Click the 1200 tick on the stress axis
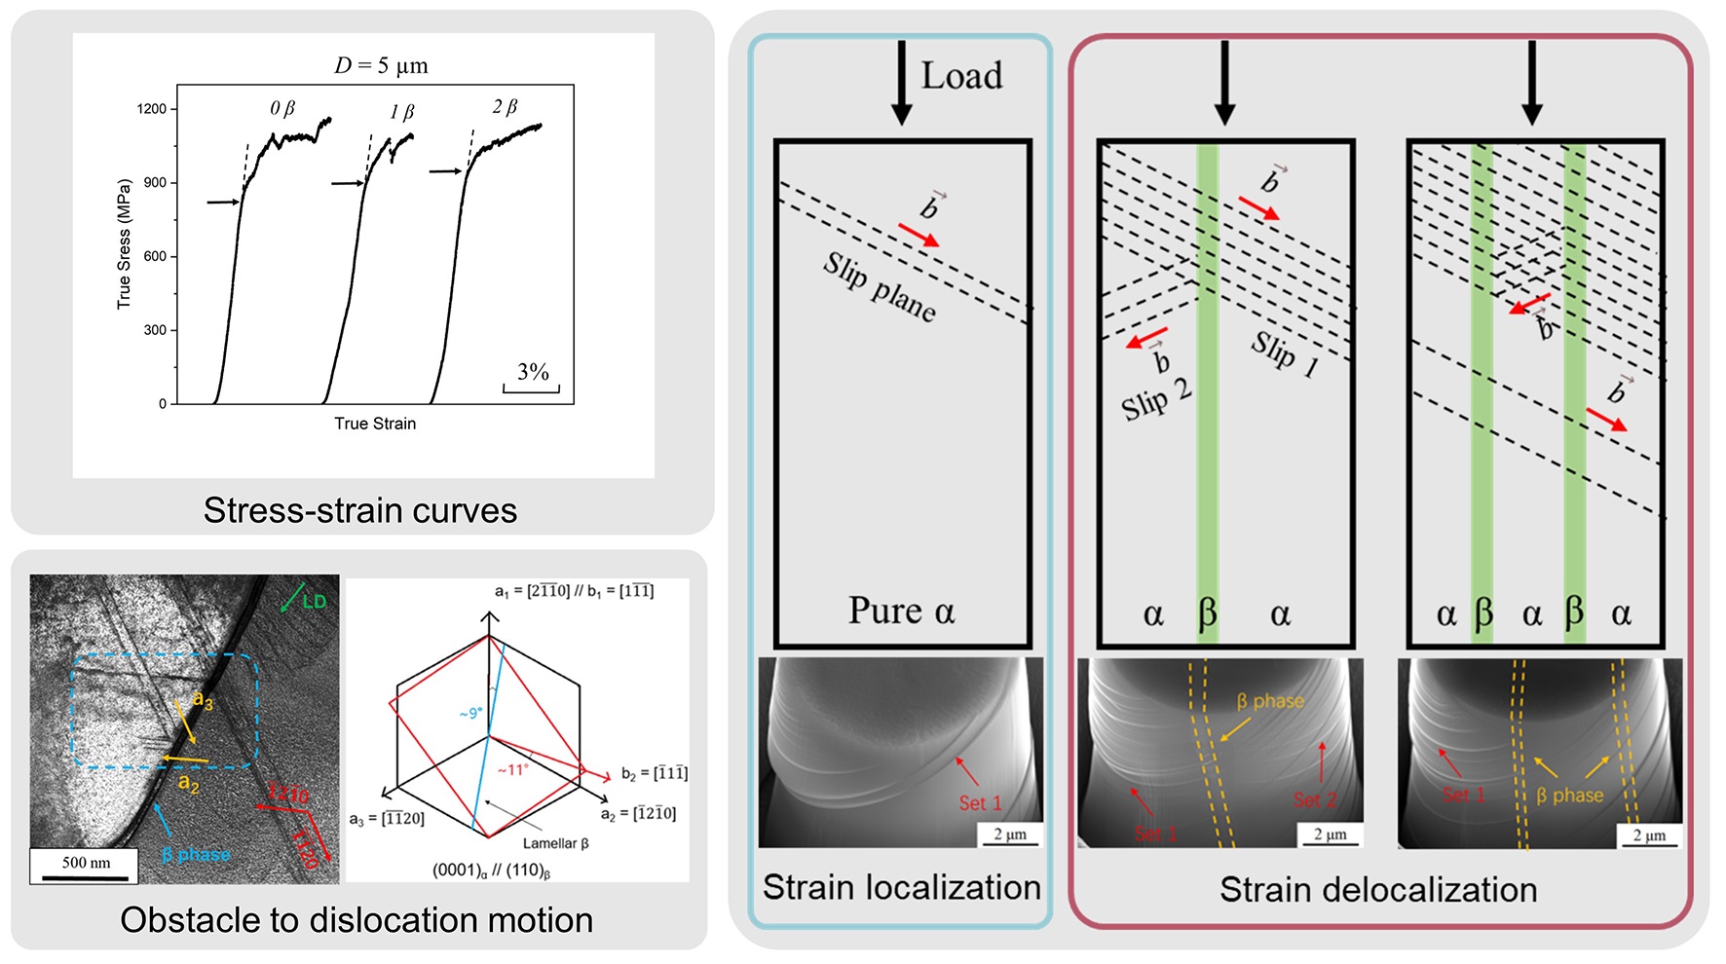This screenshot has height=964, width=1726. click(152, 109)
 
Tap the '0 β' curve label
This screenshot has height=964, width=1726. click(282, 109)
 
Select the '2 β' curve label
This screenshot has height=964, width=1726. click(505, 107)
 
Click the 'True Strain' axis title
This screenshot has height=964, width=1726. click(375, 424)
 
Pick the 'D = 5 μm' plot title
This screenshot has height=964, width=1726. click(381, 66)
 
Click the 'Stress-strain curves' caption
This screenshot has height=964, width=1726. click(359, 510)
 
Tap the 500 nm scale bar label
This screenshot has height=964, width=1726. click(86, 863)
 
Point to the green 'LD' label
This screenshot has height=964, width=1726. click(314, 602)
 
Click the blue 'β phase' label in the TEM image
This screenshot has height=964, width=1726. click(196, 855)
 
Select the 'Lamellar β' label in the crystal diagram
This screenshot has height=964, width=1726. click(555, 843)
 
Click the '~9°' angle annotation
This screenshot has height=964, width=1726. click(469, 714)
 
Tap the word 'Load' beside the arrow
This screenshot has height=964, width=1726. click(961, 76)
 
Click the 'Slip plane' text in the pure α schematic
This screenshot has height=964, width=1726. click(880, 286)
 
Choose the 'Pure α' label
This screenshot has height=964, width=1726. click(901, 611)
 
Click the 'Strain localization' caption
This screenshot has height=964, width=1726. click(901, 887)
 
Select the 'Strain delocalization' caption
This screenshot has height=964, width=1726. click(1378, 889)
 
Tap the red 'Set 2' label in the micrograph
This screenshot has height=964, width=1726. click(1314, 800)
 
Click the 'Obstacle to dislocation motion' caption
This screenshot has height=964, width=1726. click(356, 920)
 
